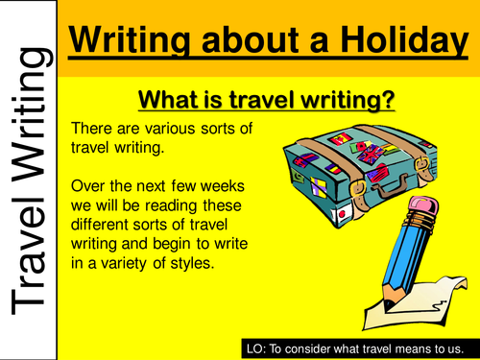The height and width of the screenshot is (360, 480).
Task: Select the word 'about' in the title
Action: coord(237,40)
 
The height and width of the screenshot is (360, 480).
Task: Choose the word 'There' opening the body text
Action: coord(93,130)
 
